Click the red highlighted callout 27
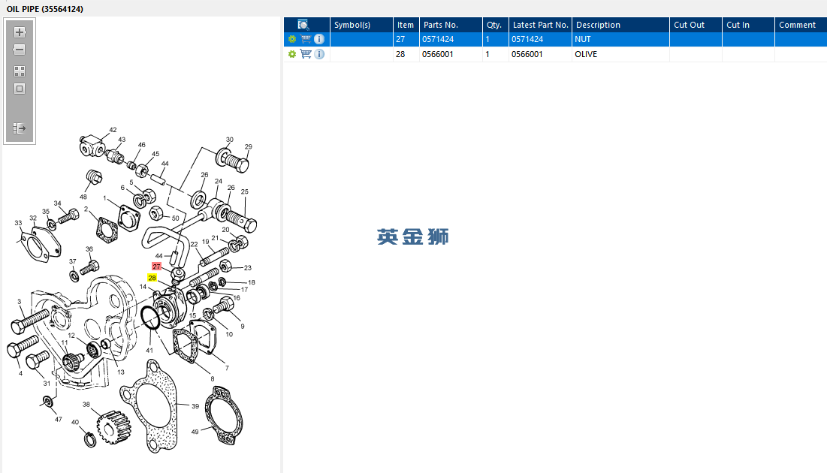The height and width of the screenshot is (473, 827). point(156,267)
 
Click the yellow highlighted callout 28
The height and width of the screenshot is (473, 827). point(152,278)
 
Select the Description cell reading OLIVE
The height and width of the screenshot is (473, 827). point(620,54)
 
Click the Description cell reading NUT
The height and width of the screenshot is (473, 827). point(620,39)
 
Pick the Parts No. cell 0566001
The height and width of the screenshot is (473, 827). point(451,54)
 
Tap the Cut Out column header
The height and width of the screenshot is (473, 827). point(695,25)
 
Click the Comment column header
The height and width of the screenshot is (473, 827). point(800,25)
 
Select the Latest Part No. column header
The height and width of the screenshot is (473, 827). point(540,25)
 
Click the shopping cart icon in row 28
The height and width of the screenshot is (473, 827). point(306,54)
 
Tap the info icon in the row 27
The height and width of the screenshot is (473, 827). point(319,39)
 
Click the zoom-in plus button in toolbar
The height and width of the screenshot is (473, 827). point(20,32)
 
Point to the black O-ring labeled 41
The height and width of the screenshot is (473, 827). point(150,318)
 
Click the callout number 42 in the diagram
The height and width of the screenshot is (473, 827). point(113,130)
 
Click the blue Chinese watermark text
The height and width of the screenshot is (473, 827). point(413,236)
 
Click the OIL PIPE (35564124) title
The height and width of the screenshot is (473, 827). point(45,9)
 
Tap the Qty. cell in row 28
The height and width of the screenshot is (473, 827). point(495,54)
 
